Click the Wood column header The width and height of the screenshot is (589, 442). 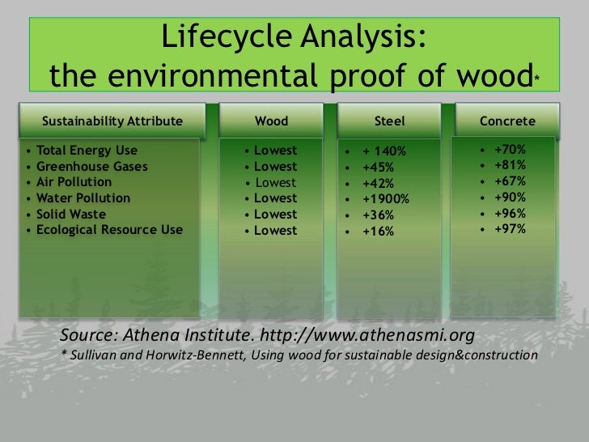271,121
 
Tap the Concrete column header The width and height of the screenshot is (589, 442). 507,121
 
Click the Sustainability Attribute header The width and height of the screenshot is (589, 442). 112,121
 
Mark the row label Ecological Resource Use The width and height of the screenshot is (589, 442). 109,230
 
